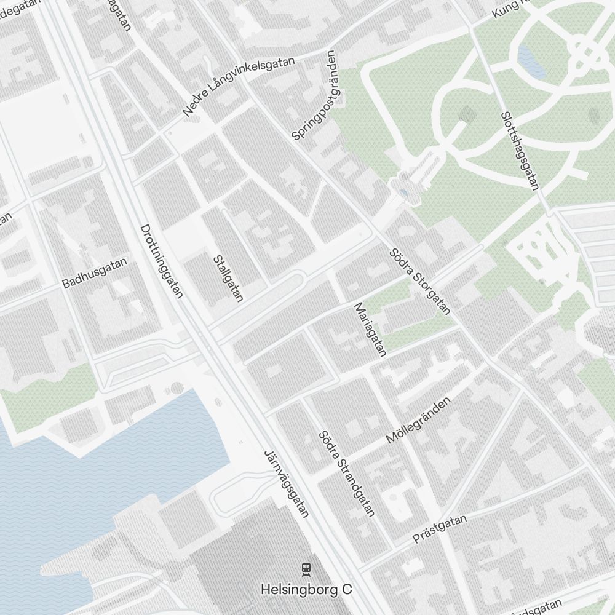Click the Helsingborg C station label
[306, 589]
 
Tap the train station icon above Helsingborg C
[306, 569]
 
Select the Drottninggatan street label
[162, 261]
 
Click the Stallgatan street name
[228, 279]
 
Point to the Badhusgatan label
[95, 273]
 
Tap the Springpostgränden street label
[315, 95]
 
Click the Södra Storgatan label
[420, 282]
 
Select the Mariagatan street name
[369, 329]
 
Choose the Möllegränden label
[418, 419]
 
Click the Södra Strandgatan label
[346, 473]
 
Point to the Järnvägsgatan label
[286, 483]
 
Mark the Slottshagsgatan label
[520, 150]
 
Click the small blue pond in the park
[530, 61]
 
